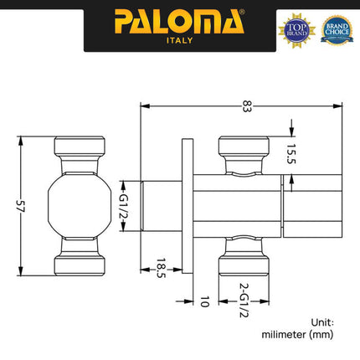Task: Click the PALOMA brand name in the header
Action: pos(179,19)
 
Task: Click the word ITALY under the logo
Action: pos(179,39)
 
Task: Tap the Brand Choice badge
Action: pos(337,28)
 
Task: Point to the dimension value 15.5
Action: pos(292,155)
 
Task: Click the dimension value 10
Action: pos(203,299)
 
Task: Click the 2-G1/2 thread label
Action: pos(244,299)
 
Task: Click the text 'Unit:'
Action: pos(321,321)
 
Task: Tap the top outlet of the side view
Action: pos(244,151)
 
